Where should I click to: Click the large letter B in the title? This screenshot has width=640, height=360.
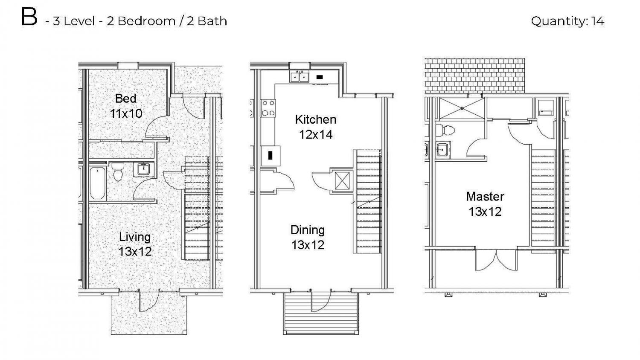[x=29, y=17]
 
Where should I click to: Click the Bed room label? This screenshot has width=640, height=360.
[x=126, y=99]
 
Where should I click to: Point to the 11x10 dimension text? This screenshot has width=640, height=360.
[x=126, y=114]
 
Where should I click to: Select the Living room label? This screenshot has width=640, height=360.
[x=134, y=237]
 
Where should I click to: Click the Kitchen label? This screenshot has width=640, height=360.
[x=316, y=119]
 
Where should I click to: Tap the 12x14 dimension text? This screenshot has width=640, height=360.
[x=316, y=134]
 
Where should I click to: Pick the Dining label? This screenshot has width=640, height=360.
[x=308, y=230]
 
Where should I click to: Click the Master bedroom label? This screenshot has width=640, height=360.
[x=485, y=197]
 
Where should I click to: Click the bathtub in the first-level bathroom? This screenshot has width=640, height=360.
[x=97, y=183]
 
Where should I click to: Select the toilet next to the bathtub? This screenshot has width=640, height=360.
[x=117, y=172]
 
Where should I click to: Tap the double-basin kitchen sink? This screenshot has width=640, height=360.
[x=300, y=77]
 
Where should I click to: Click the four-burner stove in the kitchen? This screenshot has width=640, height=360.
[x=268, y=108]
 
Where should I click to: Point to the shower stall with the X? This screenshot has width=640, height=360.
[x=462, y=108]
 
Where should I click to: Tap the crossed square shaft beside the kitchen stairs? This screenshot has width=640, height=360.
[x=342, y=180]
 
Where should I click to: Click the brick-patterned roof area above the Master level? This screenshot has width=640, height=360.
[x=474, y=75]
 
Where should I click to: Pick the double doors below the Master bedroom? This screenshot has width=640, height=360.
[x=496, y=260]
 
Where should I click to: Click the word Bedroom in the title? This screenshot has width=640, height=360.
[x=147, y=21]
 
